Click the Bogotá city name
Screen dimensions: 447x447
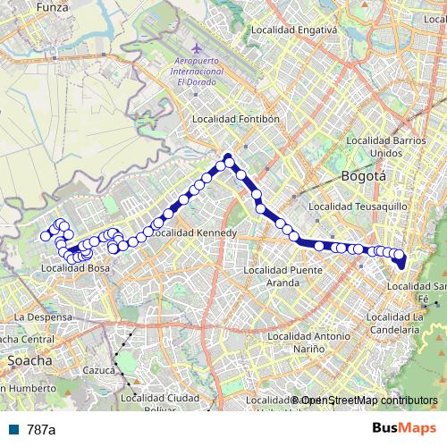point(363,176)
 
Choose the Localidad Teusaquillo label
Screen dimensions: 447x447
point(358,207)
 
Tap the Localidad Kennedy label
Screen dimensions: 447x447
point(193,232)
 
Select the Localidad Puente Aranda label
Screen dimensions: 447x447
point(283,275)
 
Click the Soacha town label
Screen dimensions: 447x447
point(29,360)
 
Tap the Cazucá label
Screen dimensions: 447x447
point(100,369)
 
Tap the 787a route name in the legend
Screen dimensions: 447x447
point(41,429)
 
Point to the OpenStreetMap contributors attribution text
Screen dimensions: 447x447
point(367,400)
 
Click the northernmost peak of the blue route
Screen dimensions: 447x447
point(228,157)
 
